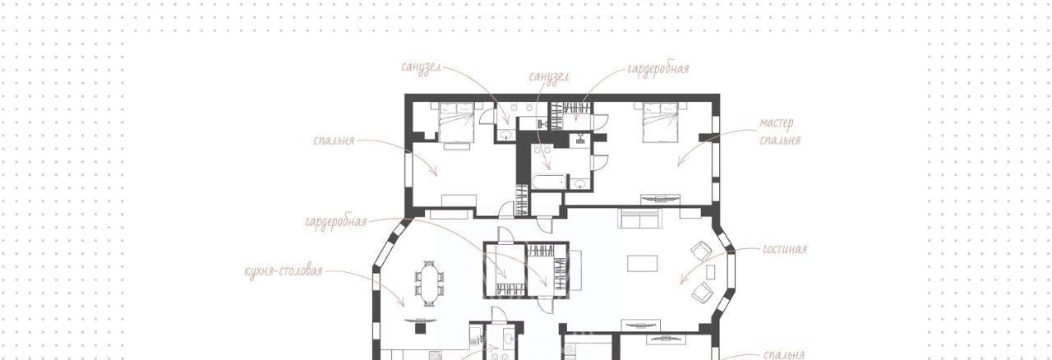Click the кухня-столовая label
click(284, 271)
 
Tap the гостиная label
click(784, 249)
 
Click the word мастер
click(777, 123)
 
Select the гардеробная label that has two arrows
click(336, 221)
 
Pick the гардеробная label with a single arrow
click(658, 68)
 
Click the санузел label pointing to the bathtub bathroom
click(549, 76)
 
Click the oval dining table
click(429, 284)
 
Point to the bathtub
click(549, 182)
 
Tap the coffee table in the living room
click(643, 263)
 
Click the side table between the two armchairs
click(711, 272)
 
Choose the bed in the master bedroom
click(661, 122)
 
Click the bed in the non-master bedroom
click(456, 122)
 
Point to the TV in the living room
click(640, 325)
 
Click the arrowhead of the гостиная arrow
click(682, 282)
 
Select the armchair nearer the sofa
click(701, 252)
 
